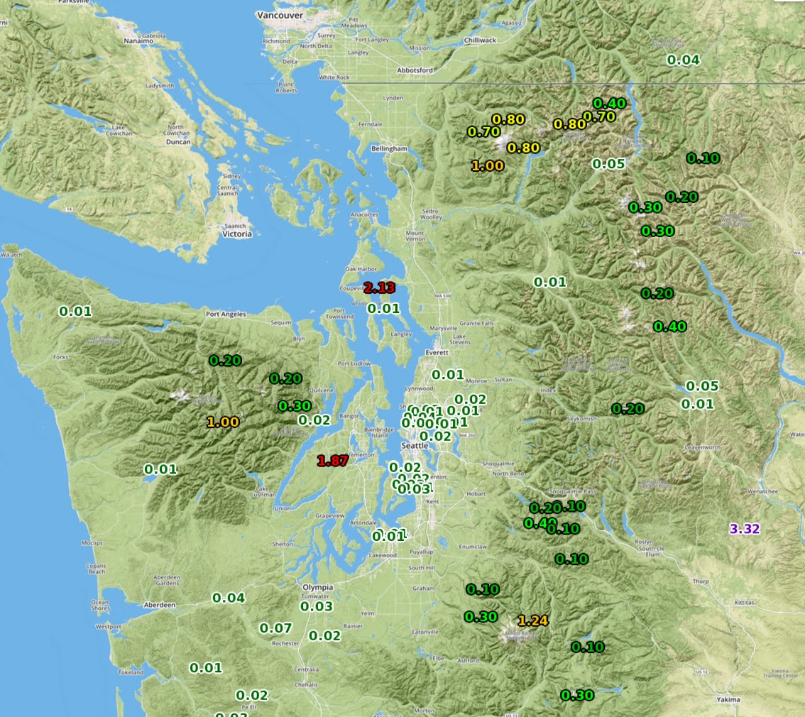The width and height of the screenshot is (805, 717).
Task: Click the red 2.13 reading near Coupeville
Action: pyautogui.click(x=379, y=288)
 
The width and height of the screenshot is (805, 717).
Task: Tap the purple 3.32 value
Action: pyautogui.click(x=745, y=528)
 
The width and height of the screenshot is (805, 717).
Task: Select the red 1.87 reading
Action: pyautogui.click(x=332, y=461)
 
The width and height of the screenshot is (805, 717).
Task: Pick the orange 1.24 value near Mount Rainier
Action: pyautogui.click(x=532, y=620)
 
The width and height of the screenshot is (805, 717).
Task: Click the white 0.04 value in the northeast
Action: pyautogui.click(x=683, y=60)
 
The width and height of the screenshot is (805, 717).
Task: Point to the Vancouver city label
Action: pyautogui.click(x=280, y=15)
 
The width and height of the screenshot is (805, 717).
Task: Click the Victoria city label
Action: pyautogui.click(x=236, y=234)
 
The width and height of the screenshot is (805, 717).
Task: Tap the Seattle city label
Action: pyautogui.click(x=415, y=445)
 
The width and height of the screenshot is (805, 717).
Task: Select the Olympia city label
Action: pyautogui.click(x=317, y=587)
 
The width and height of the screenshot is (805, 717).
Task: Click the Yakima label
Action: pyautogui.click(x=728, y=699)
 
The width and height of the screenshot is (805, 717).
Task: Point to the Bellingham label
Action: pyautogui.click(x=389, y=148)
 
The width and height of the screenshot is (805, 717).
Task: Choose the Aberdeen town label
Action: pyautogui.click(x=159, y=605)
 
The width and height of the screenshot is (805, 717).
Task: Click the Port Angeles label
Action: pyautogui.click(x=226, y=314)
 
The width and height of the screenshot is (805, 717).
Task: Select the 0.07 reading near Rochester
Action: pyautogui.click(x=275, y=628)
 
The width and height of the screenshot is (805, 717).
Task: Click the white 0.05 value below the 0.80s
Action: pyautogui.click(x=608, y=164)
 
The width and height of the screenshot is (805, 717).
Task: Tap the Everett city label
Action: pyautogui.click(x=437, y=352)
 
